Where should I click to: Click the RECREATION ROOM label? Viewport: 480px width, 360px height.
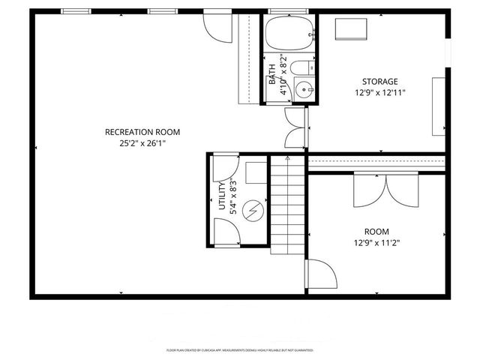pos(142,132)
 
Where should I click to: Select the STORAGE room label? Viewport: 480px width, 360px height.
pos(379,82)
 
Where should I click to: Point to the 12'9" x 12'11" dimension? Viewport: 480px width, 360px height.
pos(379,93)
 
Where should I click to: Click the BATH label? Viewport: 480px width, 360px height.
pos(271,74)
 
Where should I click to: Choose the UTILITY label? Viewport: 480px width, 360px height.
pos(221,197)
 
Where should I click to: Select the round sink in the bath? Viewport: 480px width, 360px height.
pos(304,91)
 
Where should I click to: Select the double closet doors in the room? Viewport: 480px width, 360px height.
pos(385,189)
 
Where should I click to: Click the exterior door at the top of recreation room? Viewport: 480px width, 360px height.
pos(215,27)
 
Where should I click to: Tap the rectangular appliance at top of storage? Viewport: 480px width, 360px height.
pos(349,28)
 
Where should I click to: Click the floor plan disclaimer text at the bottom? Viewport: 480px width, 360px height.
pos(239,350)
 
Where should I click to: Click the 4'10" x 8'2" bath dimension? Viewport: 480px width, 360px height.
pos(281,74)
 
